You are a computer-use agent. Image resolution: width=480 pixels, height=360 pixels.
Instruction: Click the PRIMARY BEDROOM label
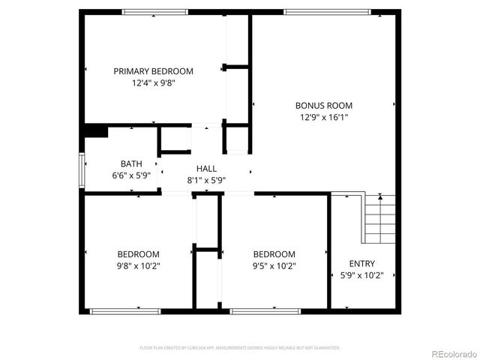153,71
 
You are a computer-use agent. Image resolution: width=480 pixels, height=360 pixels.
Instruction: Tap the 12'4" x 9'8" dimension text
153,83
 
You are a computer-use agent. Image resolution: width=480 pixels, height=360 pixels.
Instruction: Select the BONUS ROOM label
323,106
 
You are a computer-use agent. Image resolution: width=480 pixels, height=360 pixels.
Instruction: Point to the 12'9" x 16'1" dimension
323,117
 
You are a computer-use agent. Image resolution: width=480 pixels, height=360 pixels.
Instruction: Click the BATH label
131,163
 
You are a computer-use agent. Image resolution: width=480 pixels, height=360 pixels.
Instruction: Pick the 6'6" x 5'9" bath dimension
131,175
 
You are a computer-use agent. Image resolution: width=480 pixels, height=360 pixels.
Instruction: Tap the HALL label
207,169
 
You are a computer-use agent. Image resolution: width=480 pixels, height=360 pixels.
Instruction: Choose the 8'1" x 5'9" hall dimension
207,180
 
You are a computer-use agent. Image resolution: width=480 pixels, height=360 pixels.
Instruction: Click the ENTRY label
362,263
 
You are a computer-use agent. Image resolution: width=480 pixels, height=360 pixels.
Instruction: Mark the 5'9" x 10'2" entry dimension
362,275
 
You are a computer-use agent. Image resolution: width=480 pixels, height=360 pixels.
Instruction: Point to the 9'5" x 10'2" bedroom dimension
274,265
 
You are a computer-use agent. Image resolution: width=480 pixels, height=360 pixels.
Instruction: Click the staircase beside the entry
379,218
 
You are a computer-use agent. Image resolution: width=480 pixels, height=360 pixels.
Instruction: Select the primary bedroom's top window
155,11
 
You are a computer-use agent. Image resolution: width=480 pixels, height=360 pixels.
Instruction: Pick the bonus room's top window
327,11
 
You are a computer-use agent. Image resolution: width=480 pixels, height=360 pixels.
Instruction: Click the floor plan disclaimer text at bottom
240,348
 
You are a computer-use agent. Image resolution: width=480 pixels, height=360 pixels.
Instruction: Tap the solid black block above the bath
95,130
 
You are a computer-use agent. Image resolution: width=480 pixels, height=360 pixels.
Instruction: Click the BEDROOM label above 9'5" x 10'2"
274,254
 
